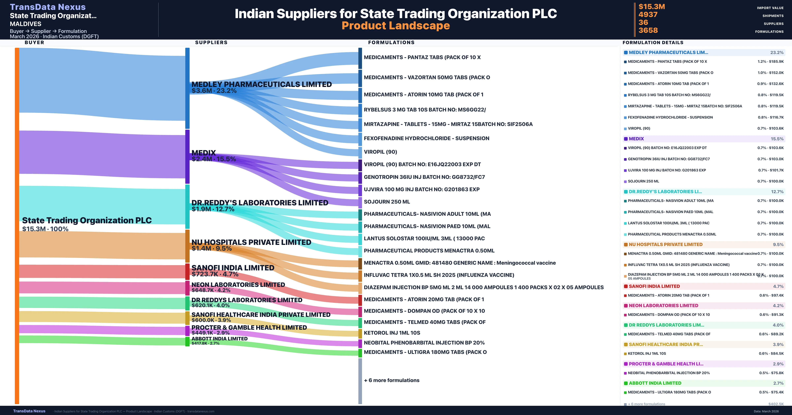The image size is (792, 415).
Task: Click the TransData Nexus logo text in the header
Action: (48, 7)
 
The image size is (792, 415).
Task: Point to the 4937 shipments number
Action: (648, 15)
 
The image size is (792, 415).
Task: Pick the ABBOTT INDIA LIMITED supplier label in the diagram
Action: (219, 339)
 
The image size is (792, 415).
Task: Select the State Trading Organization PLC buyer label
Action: (87, 220)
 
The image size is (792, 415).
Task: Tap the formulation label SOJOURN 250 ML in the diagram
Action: (387, 202)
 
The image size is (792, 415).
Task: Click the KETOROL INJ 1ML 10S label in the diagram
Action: (392, 333)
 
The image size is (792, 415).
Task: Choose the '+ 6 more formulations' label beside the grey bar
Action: (391, 380)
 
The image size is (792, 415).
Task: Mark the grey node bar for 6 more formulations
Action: (360, 381)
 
